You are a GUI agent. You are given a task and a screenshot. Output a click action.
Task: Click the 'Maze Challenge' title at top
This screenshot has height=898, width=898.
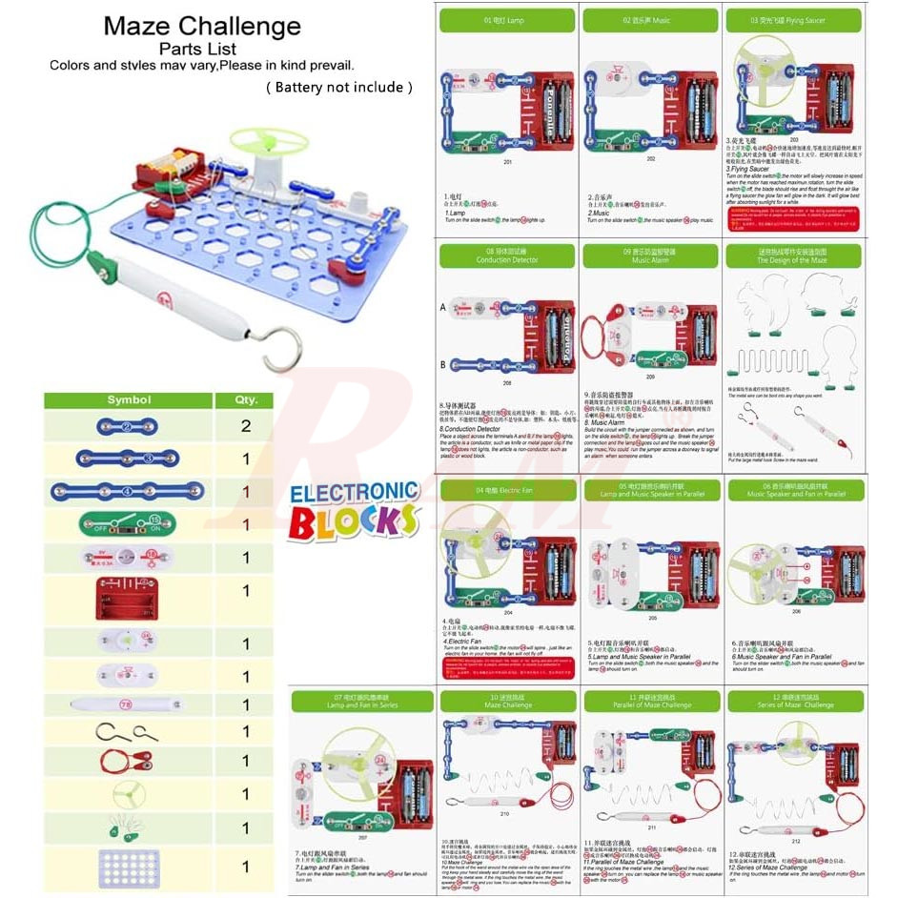click(x=202, y=26)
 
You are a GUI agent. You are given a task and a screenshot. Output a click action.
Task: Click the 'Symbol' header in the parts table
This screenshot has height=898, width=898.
click(x=129, y=400)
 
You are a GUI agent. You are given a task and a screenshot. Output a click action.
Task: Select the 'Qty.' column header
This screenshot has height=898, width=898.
click(x=245, y=400)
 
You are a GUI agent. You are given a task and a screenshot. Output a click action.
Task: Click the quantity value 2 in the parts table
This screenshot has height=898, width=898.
click(x=245, y=426)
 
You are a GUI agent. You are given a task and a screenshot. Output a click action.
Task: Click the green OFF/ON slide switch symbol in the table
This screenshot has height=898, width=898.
click(x=128, y=524)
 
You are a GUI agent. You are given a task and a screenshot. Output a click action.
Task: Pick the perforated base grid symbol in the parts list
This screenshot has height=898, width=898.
click(x=128, y=867)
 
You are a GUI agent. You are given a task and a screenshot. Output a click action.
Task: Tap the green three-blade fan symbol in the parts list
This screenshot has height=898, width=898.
click(x=127, y=794)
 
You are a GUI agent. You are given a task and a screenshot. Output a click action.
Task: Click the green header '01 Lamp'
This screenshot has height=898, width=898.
click(x=506, y=20)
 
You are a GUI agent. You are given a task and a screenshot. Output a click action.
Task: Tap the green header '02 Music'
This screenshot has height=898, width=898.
click(x=649, y=20)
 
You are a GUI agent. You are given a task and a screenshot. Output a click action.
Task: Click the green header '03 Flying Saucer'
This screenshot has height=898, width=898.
click(x=793, y=20)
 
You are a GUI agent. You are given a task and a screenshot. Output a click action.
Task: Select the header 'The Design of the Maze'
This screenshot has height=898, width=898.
click(x=793, y=255)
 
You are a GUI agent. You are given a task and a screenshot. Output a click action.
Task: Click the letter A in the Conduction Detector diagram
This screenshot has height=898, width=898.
click(x=444, y=308)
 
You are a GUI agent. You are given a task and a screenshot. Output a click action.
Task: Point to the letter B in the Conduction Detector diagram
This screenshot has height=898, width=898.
click(x=444, y=364)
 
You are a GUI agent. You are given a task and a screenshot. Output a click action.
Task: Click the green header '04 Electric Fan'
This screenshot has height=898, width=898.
click(x=506, y=490)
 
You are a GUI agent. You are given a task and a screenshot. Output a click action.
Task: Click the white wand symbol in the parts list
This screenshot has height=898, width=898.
click(x=127, y=704)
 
